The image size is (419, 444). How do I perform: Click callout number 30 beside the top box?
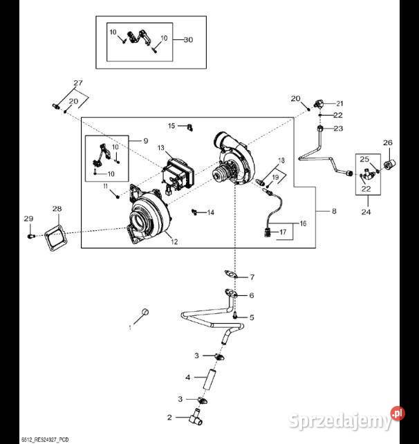pyautogui.click(x=188, y=39)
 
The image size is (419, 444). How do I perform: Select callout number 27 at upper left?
pyautogui.click(x=78, y=84)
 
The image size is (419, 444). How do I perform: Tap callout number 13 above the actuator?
pyautogui.click(x=160, y=149)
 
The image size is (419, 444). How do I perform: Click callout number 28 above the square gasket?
pyautogui.click(x=57, y=208)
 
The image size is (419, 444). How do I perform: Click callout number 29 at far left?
pyautogui.click(x=28, y=219)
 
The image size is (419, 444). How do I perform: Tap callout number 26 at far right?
pyautogui.click(x=387, y=143)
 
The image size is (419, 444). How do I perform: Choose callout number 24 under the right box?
pyautogui.click(x=365, y=212)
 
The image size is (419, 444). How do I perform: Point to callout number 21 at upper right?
pyautogui.click(x=339, y=103)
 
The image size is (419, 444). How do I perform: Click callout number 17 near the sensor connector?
pyautogui.click(x=282, y=233)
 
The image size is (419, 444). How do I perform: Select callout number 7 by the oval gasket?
pyautogui.click(x=252, y=277)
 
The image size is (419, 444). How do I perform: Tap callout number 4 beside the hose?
pyautogui.click(x=187, y=378)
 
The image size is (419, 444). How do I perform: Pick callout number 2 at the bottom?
pyautogui.click(x=169, y=417)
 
